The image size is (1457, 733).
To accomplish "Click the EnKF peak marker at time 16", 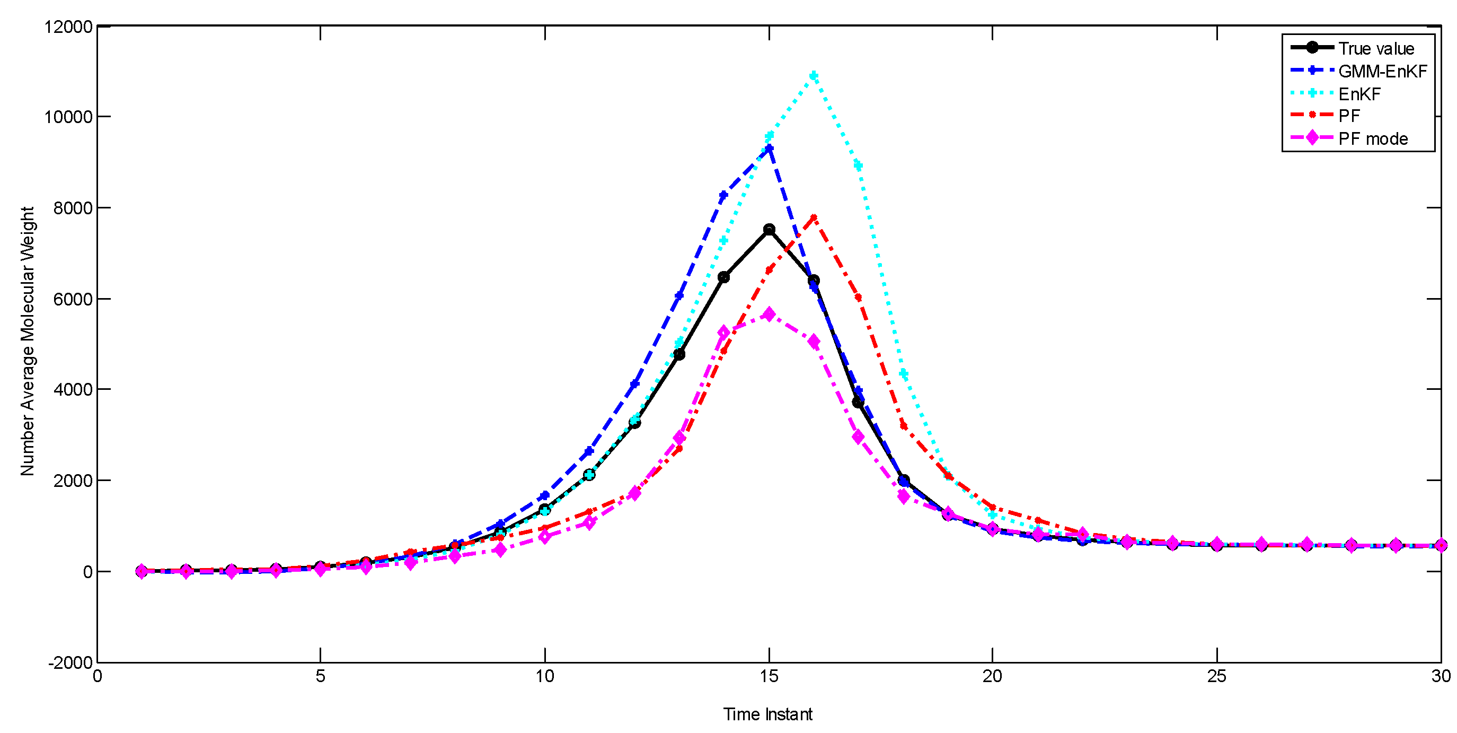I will click(x=814, y=75).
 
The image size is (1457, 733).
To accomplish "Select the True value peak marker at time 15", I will click(x=769, y=229).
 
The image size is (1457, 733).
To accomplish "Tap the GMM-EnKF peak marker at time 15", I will click(x=769, y=149).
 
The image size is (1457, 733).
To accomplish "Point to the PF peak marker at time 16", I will click(x=814, y=217).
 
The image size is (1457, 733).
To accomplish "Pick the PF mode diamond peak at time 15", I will click(x=769, y=315).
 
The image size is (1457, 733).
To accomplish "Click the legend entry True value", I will click(x=1375, y=49).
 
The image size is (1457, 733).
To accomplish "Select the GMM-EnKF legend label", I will click(x=1382, y=71).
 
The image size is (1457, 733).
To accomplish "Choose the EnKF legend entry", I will click(x=1358, y=94).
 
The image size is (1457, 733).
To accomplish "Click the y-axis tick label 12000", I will click(x=68, y=27).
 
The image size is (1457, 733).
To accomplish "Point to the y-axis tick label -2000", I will click(x=70, y=662).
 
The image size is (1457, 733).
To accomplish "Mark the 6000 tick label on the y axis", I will click(x=73, y=299).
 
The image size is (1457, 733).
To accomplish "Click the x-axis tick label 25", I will click(x=1216, y=676).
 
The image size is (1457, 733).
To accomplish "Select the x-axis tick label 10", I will click(x=545, y=676).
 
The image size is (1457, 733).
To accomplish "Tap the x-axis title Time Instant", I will click(x=767, y=714).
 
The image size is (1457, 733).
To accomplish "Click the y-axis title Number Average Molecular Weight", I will click(x=27, y=342).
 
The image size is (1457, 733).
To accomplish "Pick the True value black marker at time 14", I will click(x=723, y=277).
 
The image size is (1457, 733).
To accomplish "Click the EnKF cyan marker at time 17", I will click(x=858, y=165).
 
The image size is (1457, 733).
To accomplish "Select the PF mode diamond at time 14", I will click(x=723, y=332).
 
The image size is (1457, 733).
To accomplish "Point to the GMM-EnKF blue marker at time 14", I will click(x=723, y=195).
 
